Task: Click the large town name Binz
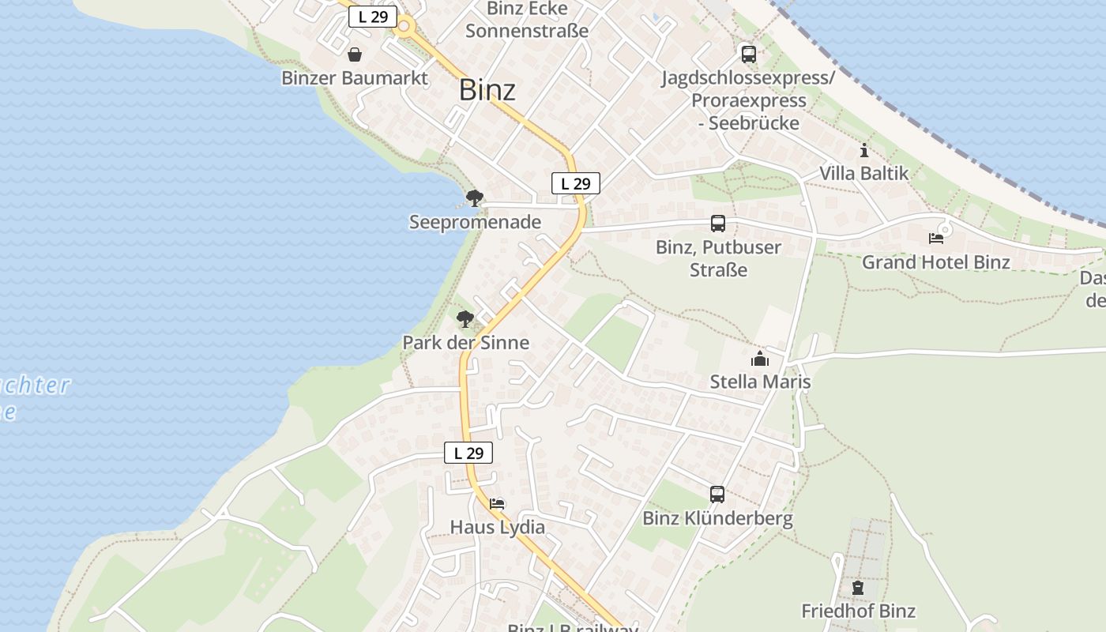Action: pyautogui.click(x=487, y=90)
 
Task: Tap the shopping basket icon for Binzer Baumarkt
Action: pyautogui.click(x=355, y=55)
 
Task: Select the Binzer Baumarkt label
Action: pyautogui.click(x=355, y=78)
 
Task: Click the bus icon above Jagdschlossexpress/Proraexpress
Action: pyautogui.click(x=748, y=55)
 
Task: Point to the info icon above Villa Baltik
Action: pyautogui.click(x=864, y=150)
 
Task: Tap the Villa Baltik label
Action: pyautogui.click(x=863, y=173)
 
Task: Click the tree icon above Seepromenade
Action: pyautogui.click(x=474, y=198)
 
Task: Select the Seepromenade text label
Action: pyautogui.click(x=475, y=222)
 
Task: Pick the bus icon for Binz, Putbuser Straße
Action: pyautogui.click(x=718, y=224)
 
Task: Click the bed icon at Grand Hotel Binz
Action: pyautogui.click(x=936, y=238)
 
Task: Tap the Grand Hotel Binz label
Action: pyautogui.click(x=935, y=262)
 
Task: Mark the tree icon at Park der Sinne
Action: pyautogui.click(x=465, y=319)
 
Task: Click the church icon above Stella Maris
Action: pyautogui.click(x=760, y=359)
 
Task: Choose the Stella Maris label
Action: pyautogui.click(x=760, y=382)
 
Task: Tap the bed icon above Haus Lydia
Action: pyautogui.click(x=497, y=503)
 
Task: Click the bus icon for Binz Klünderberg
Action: pyautogui.click(x=717, y=495)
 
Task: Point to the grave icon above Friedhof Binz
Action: pyautogui.click(x=858, y=588)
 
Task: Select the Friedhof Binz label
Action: pyautogui.click(x=858, y=611)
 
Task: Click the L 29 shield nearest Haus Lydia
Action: pyautogui.click(x=468, y=453)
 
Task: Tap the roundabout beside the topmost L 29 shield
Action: pyautogui.click(x=405, y=27)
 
